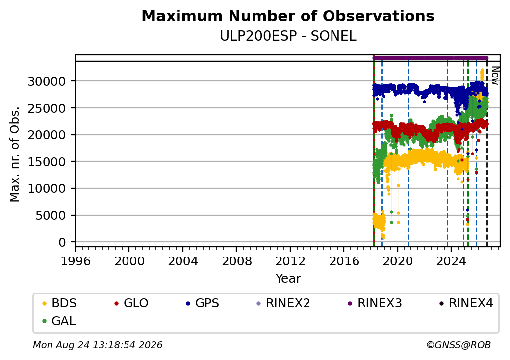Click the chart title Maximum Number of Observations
(x=288, y=16)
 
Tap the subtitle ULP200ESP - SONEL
(x=288, y=36)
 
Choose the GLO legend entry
(x=131, y=303)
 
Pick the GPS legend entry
(x=203, y=303)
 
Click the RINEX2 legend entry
(x=283, y=303)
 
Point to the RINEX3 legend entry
(x=375, y=303)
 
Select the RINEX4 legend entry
(x=466, y=303)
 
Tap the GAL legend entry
(x=59, y=321)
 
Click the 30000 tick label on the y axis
(x=47, y=81)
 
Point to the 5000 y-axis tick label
(x=51, y=215)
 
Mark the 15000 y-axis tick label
(x=47, y=162)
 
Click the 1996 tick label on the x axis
(x=76, y=261)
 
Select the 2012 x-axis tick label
(x=290, y=261)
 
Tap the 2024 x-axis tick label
(x=451, y=261)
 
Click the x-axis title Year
(x=288, y=279)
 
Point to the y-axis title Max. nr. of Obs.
(x=15, y=154)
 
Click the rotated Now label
(x=495, y=76)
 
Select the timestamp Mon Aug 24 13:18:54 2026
(x=98, y=345)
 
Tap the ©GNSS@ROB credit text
(x=459, y=345)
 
